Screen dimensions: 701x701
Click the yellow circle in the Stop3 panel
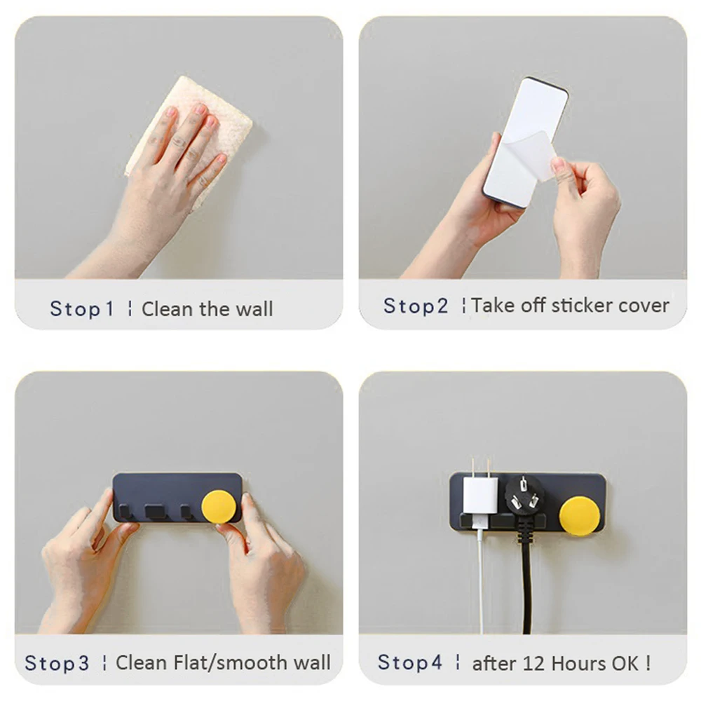pyautogui.click(x=219, y=507)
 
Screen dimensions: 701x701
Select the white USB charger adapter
pyautogui.click(x=480, y=495)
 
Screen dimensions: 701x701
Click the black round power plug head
pyautogui.click(x=524, y=496)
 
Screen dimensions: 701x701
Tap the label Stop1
pyautogui.click(x=82, y=309)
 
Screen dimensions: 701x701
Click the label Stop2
pyautogui.click(x=416, y=306)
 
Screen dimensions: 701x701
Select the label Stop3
pyautogui.click(x=57, y=663)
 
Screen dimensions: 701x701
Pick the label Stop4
pyautogui.click(x=410, y=662)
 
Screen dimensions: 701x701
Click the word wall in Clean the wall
pyautogui.click(x=254, y=309)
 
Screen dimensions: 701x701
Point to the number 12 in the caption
pyautogui.click(x=533, y=664)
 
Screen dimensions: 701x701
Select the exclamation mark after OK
pyautogui.click(x=648, y=663)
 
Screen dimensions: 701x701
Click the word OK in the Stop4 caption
pyautogui.click(x=625, y=664)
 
